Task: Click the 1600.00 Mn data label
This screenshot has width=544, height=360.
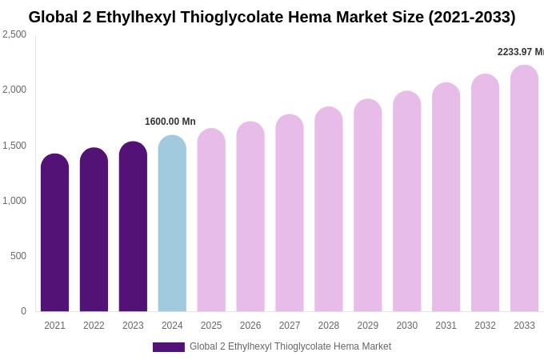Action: pyautogui.click(x=170, y=122)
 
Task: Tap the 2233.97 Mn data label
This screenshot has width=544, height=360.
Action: pyautogui.click(x=521, y=52)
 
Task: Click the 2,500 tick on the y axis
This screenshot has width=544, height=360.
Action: pyautogui.click(x=14, y=34)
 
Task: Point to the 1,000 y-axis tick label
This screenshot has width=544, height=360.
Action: pyautogui.click(x=14, y=201)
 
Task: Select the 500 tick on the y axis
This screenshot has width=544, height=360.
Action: pyautogui.click(x=18, y=256)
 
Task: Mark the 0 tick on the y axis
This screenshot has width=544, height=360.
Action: pyautogui.click(x=23, y=311)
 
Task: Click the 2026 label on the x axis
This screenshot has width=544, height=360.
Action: pyautogui.click(x=250, y=326)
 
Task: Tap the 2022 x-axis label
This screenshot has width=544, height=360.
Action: pyautogui.click(x=94, y=326)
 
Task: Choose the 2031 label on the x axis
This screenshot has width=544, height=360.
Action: pyautogui.click(x=446, y=326)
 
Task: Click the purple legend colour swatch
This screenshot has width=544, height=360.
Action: pyautogui.click(x=168, y=347)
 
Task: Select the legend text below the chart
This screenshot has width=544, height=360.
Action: pyautogui.click(x=290, y=346)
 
